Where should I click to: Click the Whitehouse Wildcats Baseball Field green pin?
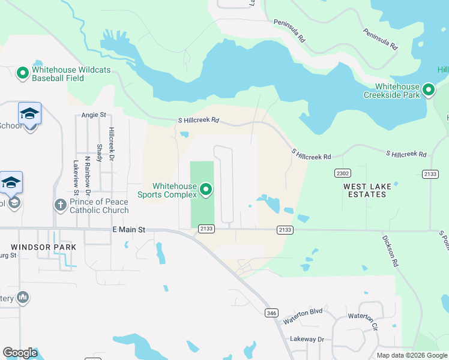coord(23,73)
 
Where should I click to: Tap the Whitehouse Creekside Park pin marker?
coord(428,90)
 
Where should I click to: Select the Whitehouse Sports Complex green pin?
coord(206,190)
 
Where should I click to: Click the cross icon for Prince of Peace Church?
coord(60,205)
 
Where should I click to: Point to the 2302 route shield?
coord(342,173)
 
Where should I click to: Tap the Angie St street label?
coord(93,115)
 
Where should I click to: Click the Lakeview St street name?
coord(76,177)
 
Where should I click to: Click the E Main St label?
coord(128,229)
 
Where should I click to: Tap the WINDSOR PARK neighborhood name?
coord(43,247)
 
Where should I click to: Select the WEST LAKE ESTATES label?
coord(367,190)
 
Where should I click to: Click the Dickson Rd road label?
coord(390,250)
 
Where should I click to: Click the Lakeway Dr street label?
coord(307,339)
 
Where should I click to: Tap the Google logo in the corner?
coord(20,353)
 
